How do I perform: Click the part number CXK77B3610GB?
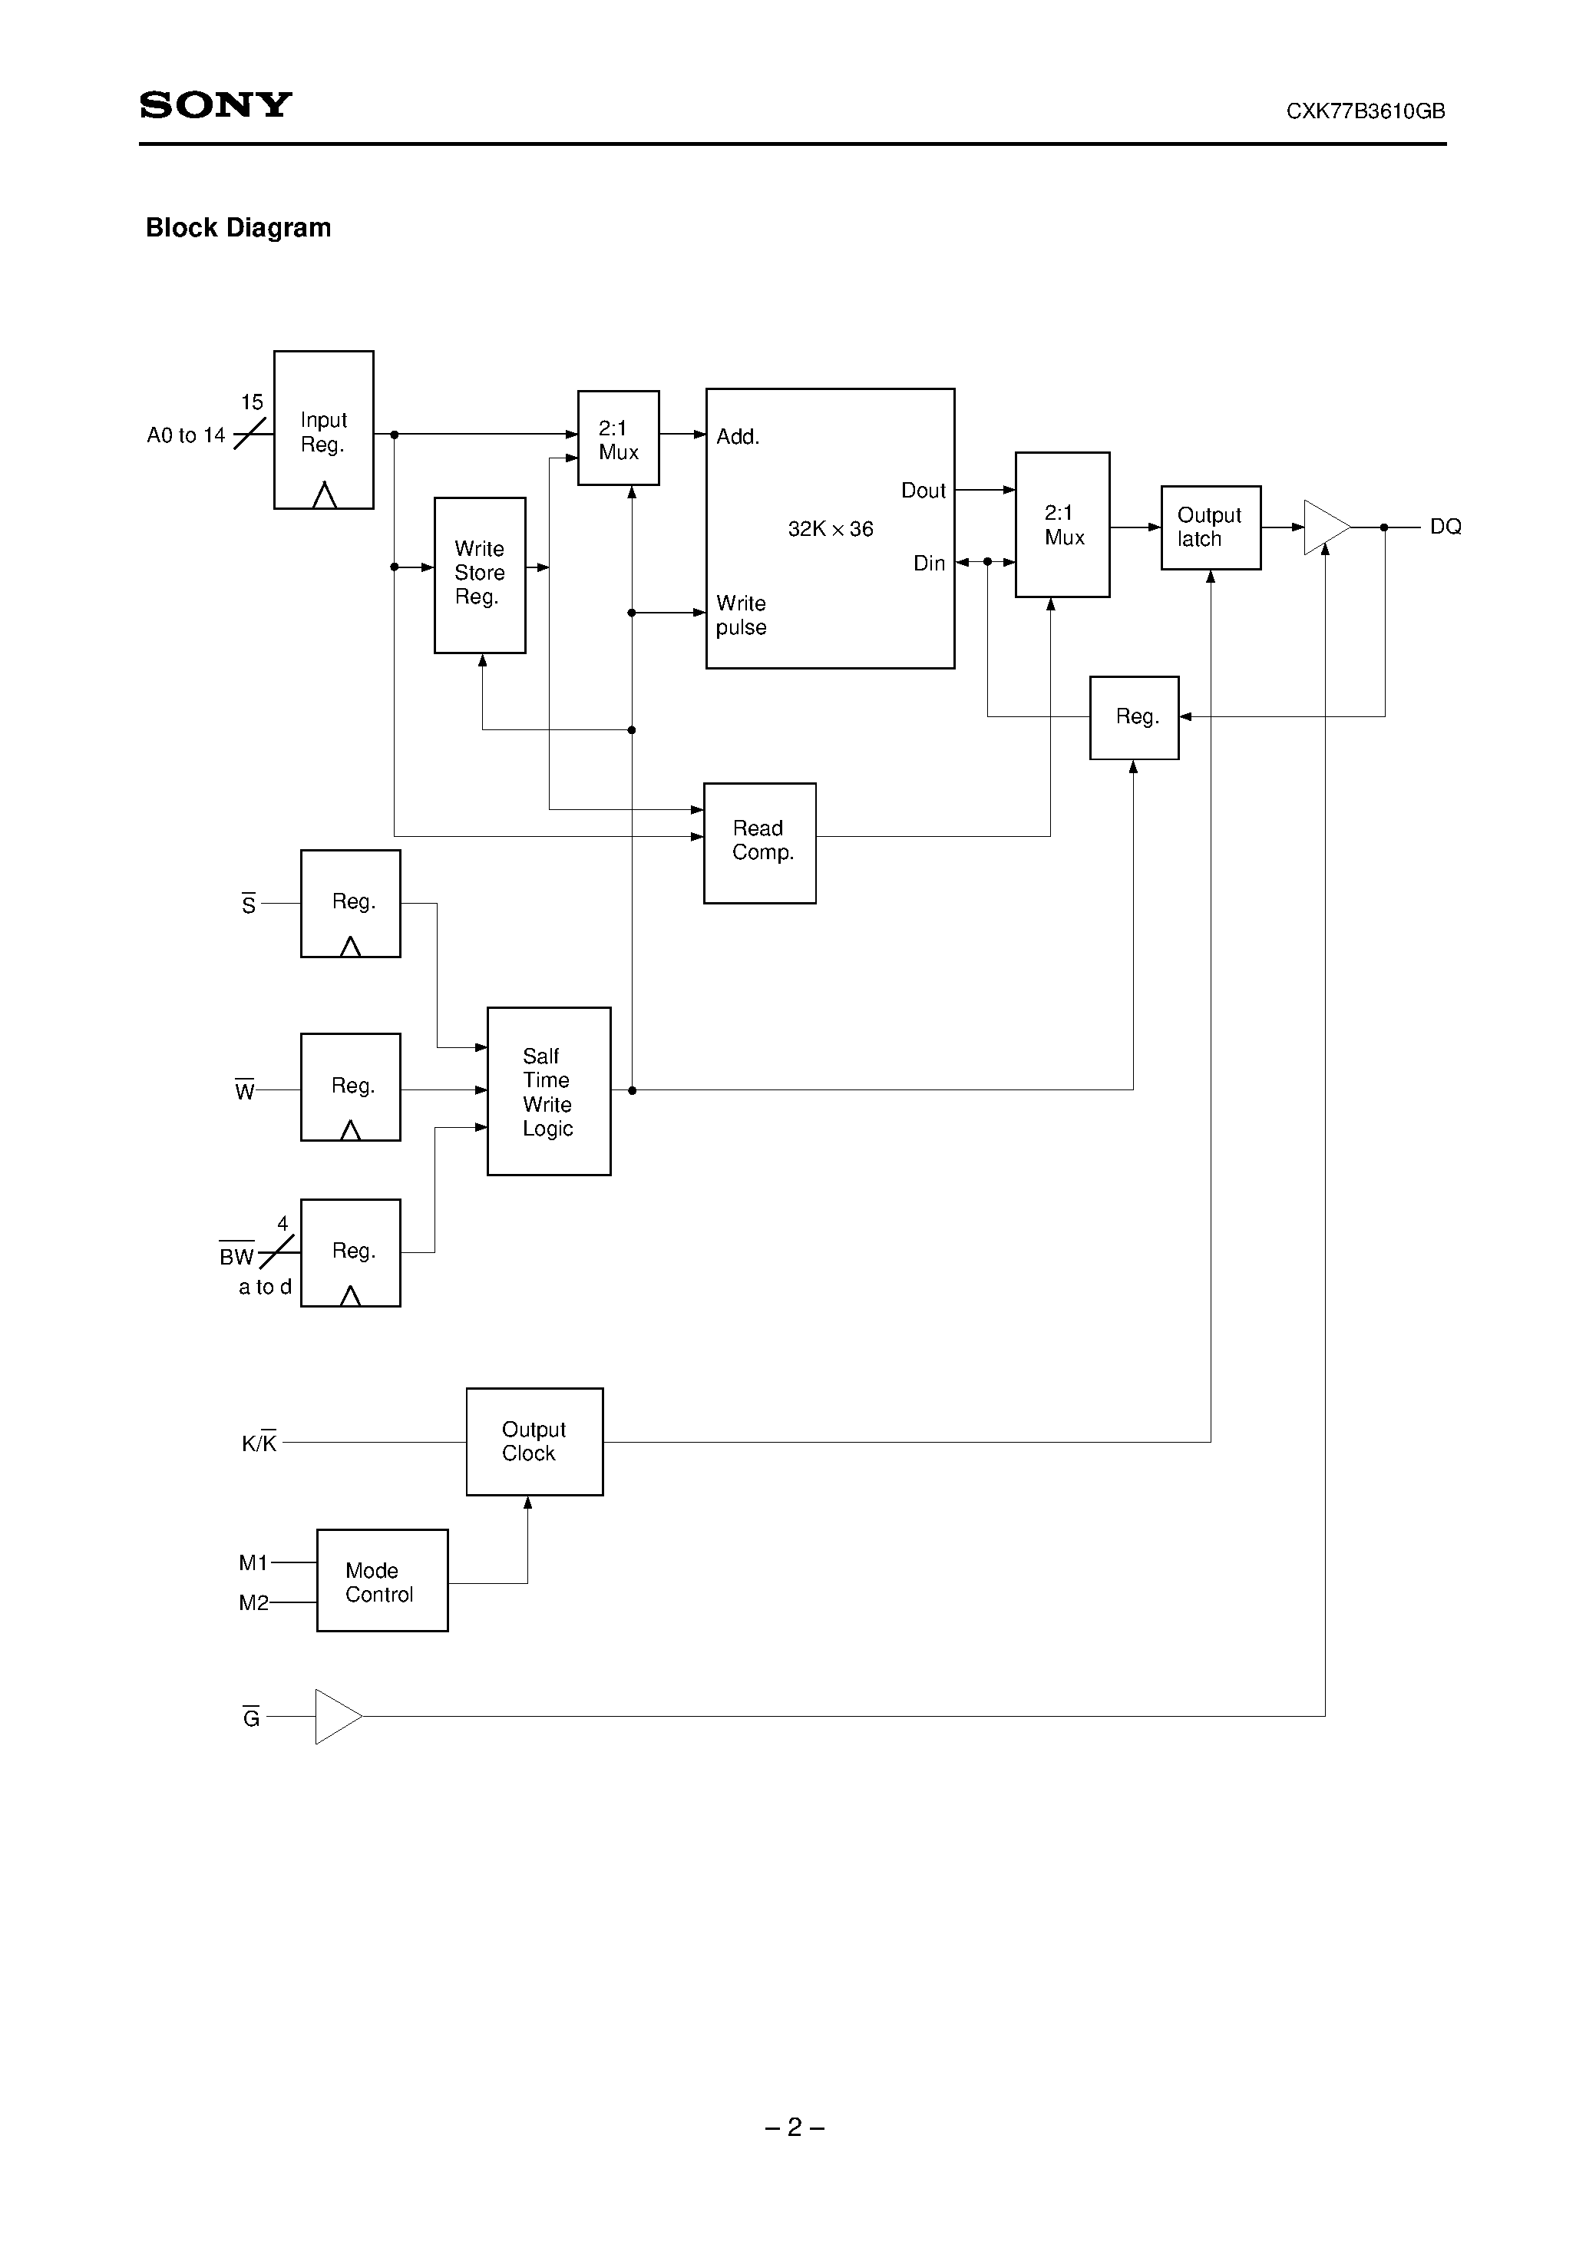point(1365,111)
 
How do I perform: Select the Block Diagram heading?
point(238,228)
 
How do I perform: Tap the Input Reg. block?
point(324,430)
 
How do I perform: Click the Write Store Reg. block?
point(479,574)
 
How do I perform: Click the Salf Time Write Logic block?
point(549,1090)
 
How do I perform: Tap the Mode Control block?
point(382,1581)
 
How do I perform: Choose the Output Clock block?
point(534,1441)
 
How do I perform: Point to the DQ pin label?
point(1446,527)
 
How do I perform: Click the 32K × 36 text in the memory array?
point(830,529)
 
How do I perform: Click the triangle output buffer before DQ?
point(1324,527)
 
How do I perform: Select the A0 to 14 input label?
point(186,435)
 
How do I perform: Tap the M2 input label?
point(253,1602)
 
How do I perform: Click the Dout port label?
point(922,491)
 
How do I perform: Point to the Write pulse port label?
point(740,615)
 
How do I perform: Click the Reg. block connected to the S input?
point(350,902)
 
